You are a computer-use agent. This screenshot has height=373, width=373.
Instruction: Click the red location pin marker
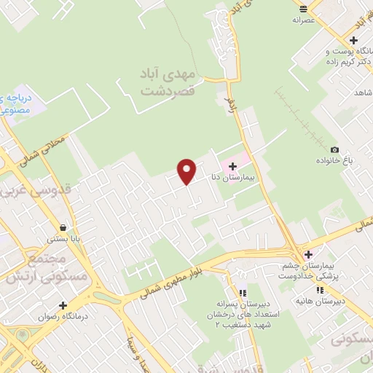[187, 171]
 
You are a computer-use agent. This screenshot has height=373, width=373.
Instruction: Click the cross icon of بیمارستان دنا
[232, 166]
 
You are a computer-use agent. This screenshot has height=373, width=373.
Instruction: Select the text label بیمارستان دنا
[232, 177]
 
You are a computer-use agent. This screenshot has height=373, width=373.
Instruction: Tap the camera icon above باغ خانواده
[334, 149]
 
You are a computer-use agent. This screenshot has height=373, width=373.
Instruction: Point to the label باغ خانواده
[334, 160]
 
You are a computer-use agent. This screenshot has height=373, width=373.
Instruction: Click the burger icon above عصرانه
[303, 9]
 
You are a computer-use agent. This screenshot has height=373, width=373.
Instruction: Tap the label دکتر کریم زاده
[343, 61]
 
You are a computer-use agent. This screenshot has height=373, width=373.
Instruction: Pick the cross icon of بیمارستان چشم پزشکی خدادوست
[309, 254]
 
